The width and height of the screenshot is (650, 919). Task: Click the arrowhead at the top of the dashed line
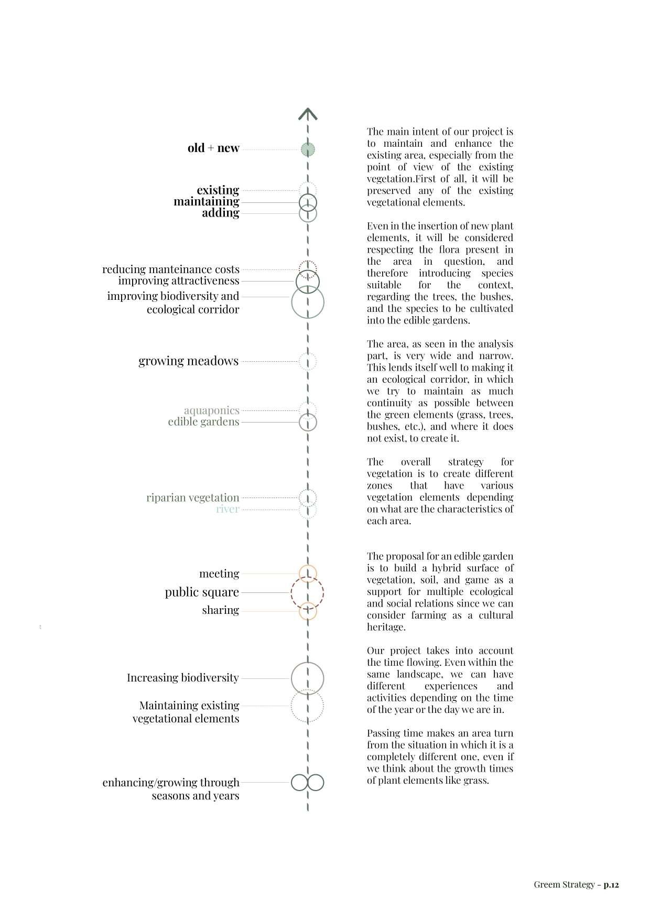[x=308, y=113]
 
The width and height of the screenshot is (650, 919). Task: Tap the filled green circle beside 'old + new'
[x=308, y=149]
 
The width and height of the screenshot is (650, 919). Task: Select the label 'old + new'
[x=213, y=148]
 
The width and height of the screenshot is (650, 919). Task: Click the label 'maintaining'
[x=207, y=201]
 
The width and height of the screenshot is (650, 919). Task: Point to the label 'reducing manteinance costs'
[x=171, y=269]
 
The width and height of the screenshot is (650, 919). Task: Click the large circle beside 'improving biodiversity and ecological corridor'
[x=308, y=302]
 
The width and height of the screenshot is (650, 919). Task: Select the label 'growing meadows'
[x=189, y=361]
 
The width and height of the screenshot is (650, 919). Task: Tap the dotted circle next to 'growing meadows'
[x=308, y=361]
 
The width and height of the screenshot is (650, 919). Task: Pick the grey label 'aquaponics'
[x=212, y=410]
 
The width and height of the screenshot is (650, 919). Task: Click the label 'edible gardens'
[x=203, y=422]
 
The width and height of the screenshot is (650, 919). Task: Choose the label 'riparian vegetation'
[x=193, y=498]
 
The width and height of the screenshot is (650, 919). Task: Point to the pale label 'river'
[x=227, y=509]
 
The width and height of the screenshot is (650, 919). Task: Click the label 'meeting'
[x=219, y=574]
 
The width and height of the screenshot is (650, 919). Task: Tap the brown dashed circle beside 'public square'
[x=307, y=593]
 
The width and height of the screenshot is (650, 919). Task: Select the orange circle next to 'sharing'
[x=308, y=611]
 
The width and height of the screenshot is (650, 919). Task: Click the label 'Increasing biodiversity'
[x=183, y=678]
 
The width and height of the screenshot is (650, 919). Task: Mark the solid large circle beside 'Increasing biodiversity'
[x=308, y=678]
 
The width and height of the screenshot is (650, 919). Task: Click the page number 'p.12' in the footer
[x=611, y=885]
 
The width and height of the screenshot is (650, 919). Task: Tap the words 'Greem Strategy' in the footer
[x=564, y=885]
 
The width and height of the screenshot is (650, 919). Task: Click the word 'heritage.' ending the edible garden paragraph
[x=386, y=627]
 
